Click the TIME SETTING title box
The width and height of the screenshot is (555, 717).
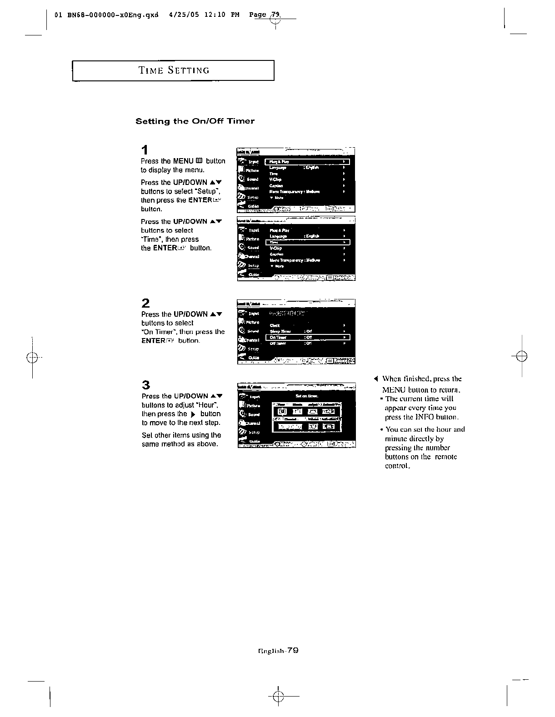click(173, 70)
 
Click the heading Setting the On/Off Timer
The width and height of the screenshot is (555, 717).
click(195, 121)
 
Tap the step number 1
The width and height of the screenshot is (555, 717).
click(145, 150)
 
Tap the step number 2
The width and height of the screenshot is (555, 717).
click(145, 303)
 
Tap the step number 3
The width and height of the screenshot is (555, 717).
click(145, 385)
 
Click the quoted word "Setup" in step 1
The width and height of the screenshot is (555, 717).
click(207, 191)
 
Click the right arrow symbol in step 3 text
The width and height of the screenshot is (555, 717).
click(193, 414)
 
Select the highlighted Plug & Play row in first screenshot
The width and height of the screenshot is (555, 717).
click(307, 162)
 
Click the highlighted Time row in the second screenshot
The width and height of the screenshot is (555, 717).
click(307, 243)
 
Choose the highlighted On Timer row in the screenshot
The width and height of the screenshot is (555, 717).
click(307, 338)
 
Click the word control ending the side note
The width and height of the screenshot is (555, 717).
click(397, 466)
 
